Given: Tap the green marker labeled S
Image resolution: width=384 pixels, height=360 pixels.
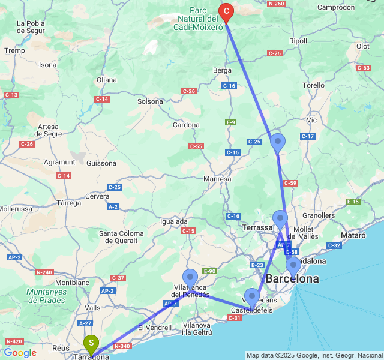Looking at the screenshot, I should tap(91, 344).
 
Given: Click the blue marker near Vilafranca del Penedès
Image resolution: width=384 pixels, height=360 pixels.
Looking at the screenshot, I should tap(190, 278).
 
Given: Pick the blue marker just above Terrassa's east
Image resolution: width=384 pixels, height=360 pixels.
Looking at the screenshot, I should tap(280, 219).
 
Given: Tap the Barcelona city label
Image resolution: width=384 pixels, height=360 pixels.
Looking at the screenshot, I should tap(292, 279).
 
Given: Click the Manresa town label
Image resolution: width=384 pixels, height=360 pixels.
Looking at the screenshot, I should tap(217, 179).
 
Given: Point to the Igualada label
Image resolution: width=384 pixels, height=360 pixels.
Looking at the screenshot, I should tap(174, 221).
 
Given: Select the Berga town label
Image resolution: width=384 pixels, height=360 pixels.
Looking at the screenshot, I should tap(222, 70).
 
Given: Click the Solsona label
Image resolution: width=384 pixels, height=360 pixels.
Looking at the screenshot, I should tap(150, 101).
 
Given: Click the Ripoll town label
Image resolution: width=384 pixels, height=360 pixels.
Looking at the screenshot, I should tap(298, 41).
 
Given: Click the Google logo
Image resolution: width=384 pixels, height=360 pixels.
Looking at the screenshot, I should tap(20, 353).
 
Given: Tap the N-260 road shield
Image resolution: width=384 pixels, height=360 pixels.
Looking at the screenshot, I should tap(276, 4).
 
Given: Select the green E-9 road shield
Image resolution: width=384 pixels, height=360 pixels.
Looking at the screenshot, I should tap(230, 122).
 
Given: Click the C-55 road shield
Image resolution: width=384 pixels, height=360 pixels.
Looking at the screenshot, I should tap(196, 146).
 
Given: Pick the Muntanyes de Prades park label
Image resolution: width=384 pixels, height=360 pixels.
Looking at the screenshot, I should tap(46, 296).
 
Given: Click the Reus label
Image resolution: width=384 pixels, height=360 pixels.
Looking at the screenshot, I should tap(61, 347).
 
